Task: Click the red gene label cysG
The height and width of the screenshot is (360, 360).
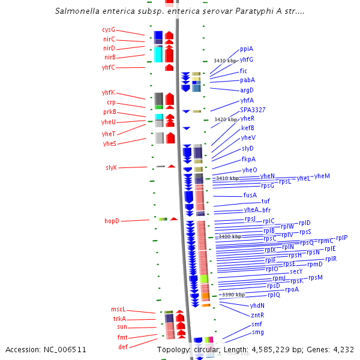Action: [x=109, y=29]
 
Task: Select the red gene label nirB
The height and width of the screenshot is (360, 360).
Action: [x=109, y=58]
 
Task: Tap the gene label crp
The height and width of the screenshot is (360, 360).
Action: [x=111, y=102]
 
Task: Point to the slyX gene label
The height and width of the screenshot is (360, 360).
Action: [x=111, y=167]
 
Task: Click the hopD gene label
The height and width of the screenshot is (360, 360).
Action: [x=112, y=221]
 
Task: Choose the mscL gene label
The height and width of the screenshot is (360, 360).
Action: [x=118, y=309]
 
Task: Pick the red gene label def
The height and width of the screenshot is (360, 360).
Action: [x=122, y=347]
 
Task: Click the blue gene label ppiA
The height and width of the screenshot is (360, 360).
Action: [x=246, y=49]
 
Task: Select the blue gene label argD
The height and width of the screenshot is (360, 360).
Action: [x=247, y=90]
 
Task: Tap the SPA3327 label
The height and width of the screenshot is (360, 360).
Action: [x=253, y=110]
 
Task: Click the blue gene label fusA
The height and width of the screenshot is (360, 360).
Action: [x=250, y=195]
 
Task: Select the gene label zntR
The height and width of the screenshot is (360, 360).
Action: [x=257, y=314]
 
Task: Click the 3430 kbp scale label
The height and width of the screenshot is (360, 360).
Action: [x=225, y=61]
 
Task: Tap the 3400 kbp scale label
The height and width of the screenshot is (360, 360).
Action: [x=230, y=236]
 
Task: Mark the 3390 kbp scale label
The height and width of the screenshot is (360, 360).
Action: [x=233, y=295]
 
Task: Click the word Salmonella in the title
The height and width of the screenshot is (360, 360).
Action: [x=78, y=11]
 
